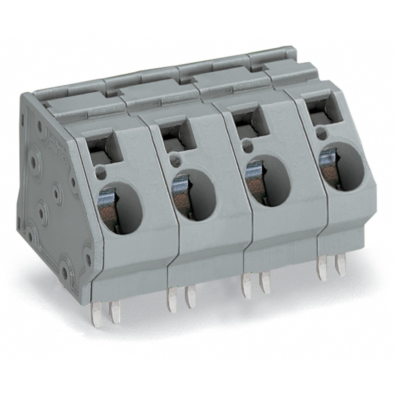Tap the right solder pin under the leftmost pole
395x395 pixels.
(115, 312)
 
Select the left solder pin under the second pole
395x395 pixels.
(172, 300)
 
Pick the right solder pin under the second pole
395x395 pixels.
(190, 297)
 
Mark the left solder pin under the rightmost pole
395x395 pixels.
(322, 269)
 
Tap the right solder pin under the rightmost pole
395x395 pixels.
(340, 265)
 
